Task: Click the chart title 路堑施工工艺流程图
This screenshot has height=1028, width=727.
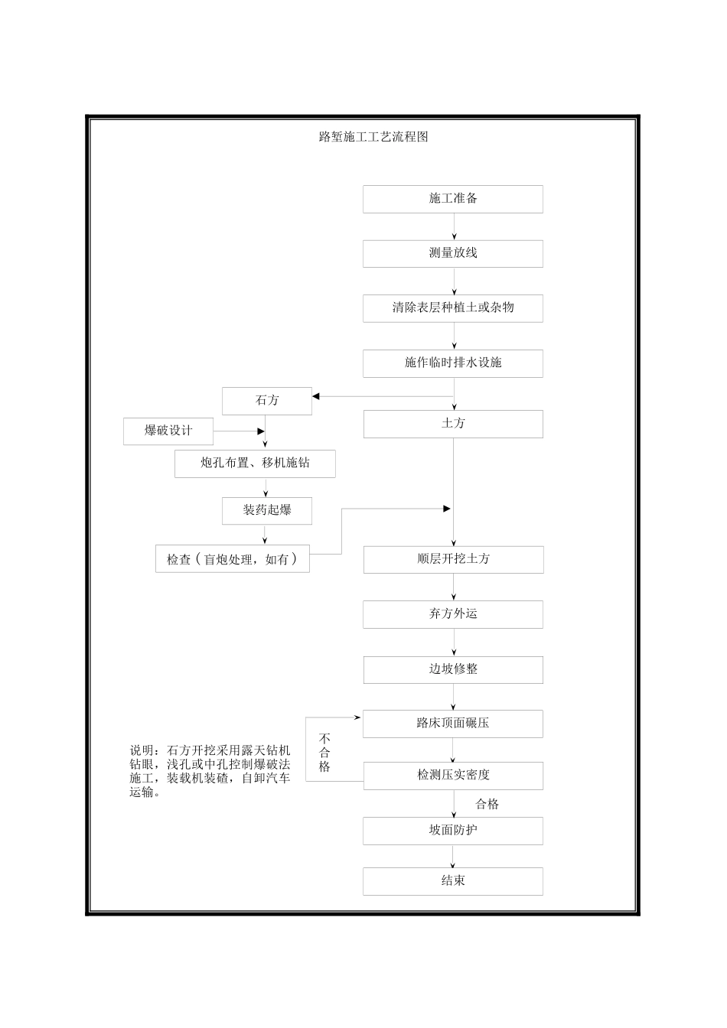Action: click(x=373, y=137)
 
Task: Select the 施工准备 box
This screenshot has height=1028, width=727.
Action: click(x=453, y=199)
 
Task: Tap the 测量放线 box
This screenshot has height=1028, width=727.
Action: click(x=453, y=254)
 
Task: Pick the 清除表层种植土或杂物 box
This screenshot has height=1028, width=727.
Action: click(x=453, y=308)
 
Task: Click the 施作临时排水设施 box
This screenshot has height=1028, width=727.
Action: click(x=453, y=363)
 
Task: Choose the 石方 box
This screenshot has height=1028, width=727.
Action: click(x=267, y=401)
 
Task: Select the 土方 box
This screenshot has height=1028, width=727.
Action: click(x=453, y=424)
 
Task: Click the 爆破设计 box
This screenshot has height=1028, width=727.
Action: click(x=168, y=431)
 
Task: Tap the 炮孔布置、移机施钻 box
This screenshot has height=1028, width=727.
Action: click(x=255, y=464)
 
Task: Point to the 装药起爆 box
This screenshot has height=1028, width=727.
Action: click(x=267, y=511)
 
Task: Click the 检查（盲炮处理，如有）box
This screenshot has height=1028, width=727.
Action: click(x=233, y=559)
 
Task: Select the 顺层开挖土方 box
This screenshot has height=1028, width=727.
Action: click(x=453, y=559)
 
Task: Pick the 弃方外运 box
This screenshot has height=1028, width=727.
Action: click(x=453, y=614)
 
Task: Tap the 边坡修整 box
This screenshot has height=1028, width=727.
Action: click(x=453, y=669)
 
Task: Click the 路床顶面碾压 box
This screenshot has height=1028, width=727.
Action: click(x=453, y=724)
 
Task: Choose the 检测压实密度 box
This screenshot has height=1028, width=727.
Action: click(x=453, y=776)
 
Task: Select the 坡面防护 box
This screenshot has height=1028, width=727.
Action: click(x=453, y=831)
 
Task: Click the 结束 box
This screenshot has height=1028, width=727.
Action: click(x=453, y=881)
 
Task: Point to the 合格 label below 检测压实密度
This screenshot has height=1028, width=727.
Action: click(x=487, y=804)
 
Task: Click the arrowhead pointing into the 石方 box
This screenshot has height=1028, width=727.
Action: click(x=316, y=396)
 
